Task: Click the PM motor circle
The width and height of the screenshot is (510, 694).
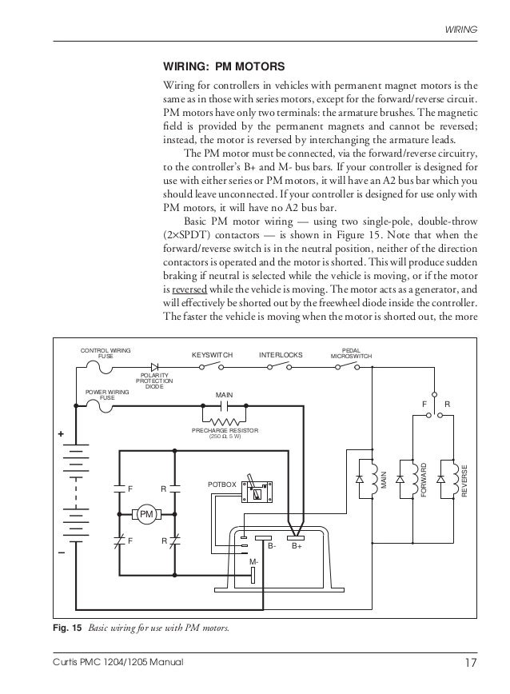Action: (146, 514)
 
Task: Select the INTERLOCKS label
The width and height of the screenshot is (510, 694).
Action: (281, 354)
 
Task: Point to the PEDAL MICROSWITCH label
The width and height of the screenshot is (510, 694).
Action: (351, 353)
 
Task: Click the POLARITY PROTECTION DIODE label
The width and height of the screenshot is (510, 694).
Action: (153, 381)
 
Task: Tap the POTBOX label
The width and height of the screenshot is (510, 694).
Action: (221, 485)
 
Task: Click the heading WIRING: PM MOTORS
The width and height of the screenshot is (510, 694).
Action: (224, 66)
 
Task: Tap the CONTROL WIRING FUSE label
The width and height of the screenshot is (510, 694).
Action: (105, 353)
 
